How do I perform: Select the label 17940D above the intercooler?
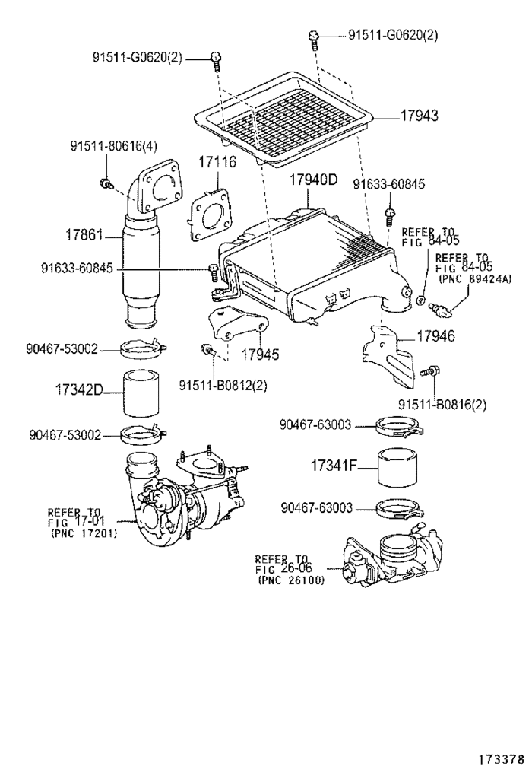[x=312, y=180]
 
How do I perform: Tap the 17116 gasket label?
[x=218, y=162]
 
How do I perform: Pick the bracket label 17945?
[x=260, y=354]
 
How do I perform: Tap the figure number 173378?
[x=500, y=759]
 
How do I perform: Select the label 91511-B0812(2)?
[x=223, y=386]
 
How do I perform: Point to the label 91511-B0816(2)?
[x=442, y=404]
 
